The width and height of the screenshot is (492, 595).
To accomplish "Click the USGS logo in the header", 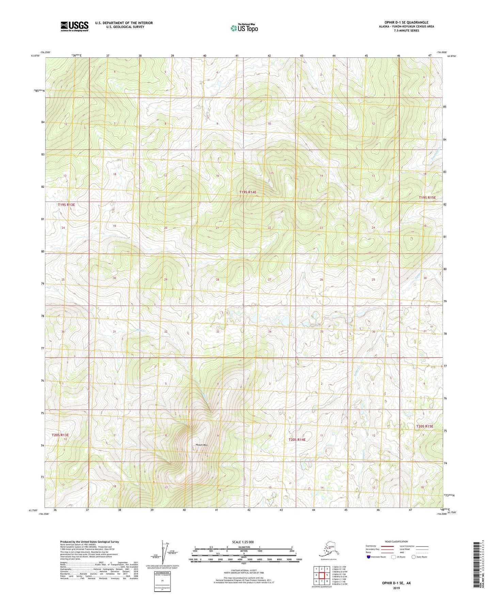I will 75,26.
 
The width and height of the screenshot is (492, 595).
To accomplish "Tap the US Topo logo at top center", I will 244,28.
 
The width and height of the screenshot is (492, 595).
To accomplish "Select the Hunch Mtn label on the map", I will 202,445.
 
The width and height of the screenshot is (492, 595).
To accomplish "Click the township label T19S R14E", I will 248,192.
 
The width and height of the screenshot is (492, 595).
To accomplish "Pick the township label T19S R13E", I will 66,205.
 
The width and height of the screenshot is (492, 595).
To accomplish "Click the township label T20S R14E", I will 297,440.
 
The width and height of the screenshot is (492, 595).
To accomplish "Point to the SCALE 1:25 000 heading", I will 243,542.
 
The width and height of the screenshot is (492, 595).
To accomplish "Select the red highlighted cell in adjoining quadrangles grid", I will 327,575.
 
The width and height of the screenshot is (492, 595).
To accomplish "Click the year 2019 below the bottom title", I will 396,588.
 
